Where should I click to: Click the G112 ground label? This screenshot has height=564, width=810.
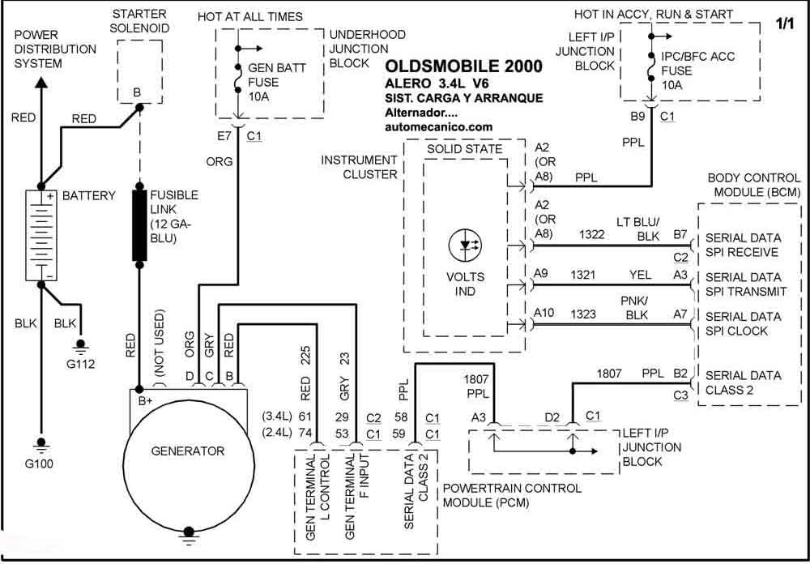pos(80,364)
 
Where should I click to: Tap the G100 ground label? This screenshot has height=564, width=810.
pos(39,464)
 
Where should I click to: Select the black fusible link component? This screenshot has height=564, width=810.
pos(139,225)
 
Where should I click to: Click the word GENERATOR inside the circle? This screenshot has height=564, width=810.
pos(188,451)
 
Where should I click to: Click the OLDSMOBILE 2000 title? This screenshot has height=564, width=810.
pos(464,66)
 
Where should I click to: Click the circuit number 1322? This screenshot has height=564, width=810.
pos(592,235)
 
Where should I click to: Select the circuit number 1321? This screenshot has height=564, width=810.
pos(582,275)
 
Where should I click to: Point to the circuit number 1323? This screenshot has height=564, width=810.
pos(583,314)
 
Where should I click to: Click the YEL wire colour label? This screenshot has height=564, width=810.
pos(640,275)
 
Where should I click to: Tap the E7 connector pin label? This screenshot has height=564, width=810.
pos(224,136)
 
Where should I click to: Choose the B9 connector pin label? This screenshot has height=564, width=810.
pos(637,117)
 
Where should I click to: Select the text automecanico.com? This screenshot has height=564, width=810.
pos(438,126)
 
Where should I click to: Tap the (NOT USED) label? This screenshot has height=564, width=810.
pos(159,343)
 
